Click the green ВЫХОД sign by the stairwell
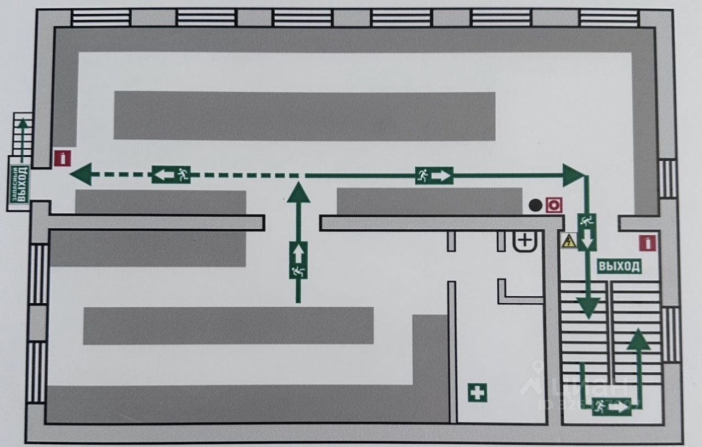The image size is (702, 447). coord(619,267)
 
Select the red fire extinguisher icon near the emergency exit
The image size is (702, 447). coord(63,159)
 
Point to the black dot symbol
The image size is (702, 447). coord(535,206)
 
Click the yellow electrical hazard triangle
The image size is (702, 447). coord(569,241)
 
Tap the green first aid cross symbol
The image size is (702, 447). coord(477,392)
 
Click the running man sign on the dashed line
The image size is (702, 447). coord(171,175)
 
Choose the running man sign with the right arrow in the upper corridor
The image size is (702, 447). coord(434,175)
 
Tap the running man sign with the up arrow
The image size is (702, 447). coord(298,260)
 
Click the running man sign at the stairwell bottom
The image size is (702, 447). coord(612,406)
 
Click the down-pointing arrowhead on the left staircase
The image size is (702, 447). coord(588,308)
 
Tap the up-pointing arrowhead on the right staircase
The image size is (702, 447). coord(638,340)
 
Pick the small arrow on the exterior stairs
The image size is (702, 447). coord(22,125)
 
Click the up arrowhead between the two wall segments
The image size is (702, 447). coord(298,193)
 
